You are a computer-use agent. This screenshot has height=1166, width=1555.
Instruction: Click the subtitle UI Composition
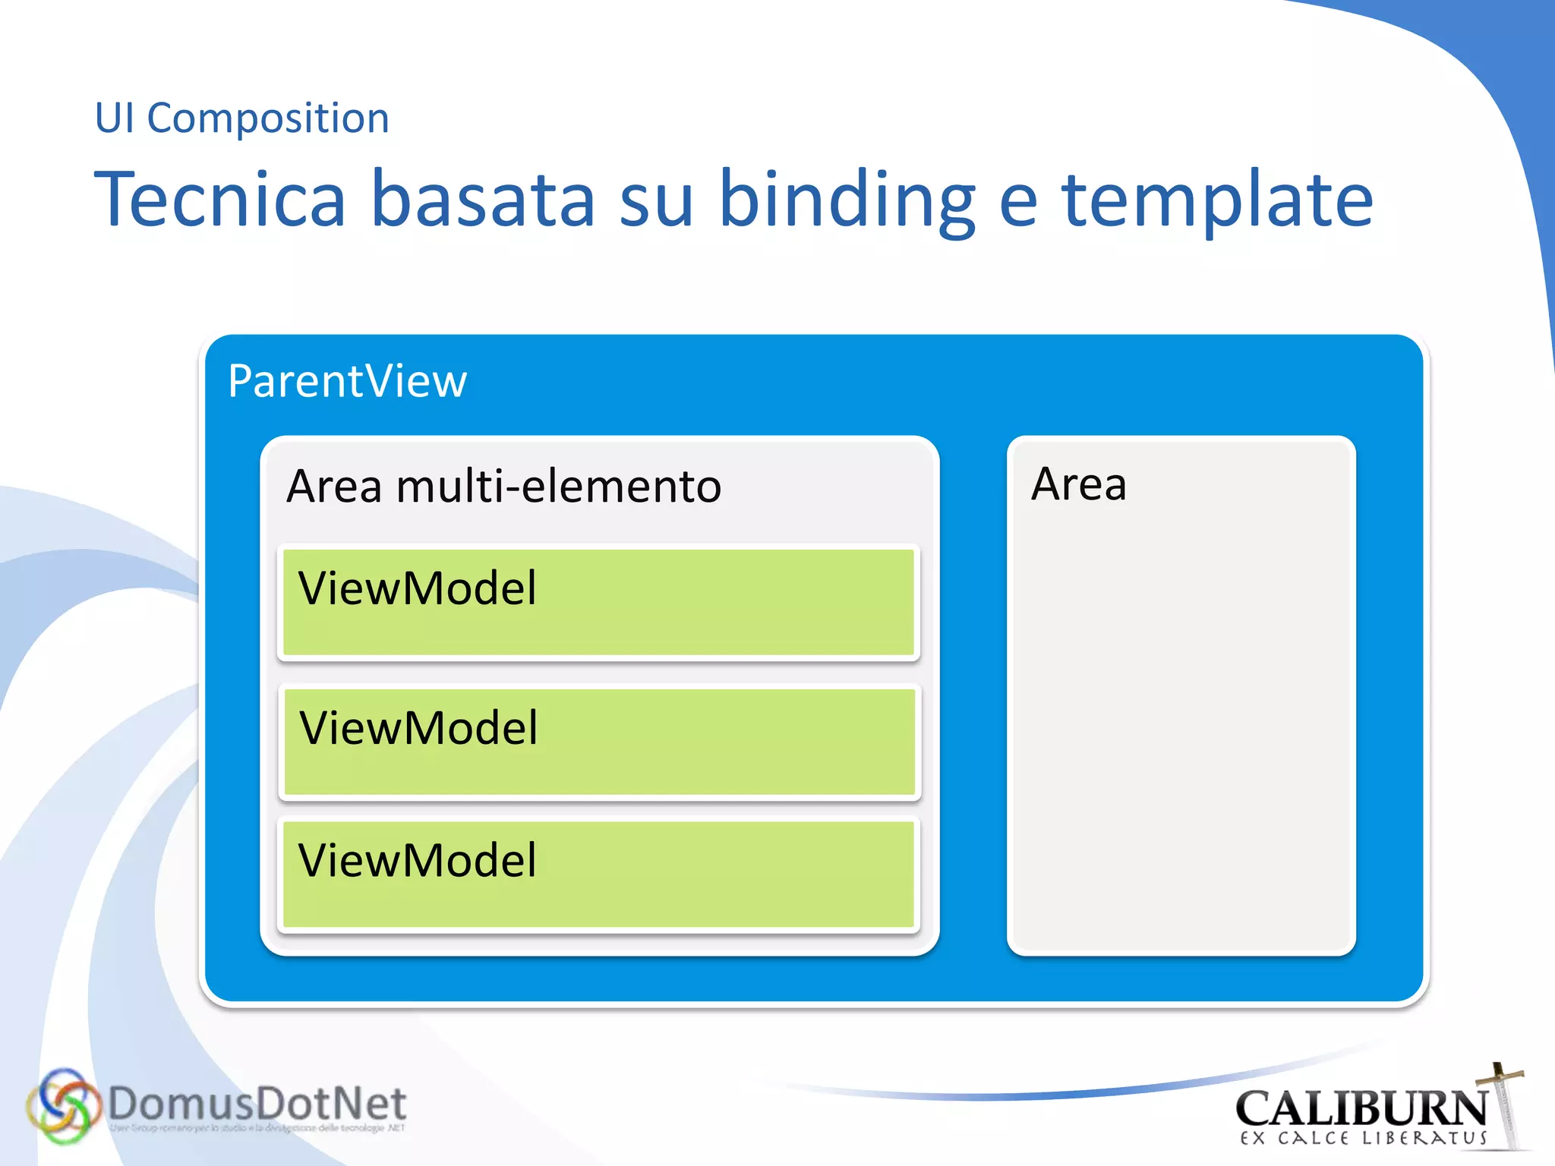click(x=241, y=118)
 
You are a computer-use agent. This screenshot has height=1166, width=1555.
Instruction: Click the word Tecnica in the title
click(x=220, y=199)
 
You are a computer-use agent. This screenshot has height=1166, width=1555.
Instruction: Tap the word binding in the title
click(x=847, y=199)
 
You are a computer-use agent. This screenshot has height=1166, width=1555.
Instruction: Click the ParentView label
click(x=347, y=381)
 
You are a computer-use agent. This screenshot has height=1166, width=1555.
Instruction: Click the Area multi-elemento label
click(x=503, y=486)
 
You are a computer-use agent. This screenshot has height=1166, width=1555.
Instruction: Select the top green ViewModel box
click(x=598, y=602)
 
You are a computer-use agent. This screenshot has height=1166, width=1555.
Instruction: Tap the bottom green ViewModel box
click(x=598, y=874)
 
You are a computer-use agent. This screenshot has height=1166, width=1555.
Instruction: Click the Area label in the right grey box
click(x=1078, y=484)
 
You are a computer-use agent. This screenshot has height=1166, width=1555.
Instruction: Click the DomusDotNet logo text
click(x=257, y=1104)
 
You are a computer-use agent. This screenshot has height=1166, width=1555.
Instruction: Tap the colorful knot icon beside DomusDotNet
click(x=62, y=1106)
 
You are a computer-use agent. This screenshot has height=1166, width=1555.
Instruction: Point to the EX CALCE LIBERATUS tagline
click(x=1363, y=1138)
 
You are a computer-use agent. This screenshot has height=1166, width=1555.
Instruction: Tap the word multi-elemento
click(x=558, y=486)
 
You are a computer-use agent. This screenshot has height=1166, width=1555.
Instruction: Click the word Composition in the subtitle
click(x=268, y=118)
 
